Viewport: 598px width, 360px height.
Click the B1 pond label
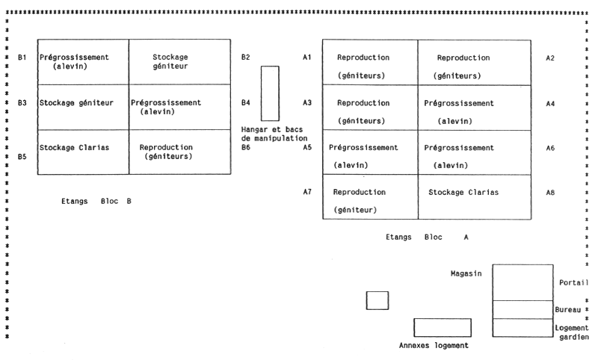point(22,57)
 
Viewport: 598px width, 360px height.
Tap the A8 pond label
point(550,193)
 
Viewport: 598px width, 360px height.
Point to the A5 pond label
point(306,148)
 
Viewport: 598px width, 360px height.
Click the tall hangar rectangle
point(269,93)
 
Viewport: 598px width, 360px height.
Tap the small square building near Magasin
point(377,300)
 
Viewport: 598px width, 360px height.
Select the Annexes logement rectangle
point(443,327)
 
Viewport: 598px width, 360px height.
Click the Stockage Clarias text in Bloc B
point(74,147)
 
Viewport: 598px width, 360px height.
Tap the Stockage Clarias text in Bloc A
point(463,193)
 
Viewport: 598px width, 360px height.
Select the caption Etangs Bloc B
point(96,201)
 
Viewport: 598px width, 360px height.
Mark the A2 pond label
point(550,58)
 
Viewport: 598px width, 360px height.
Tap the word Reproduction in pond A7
point(359,192)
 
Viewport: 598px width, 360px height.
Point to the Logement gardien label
point(572,332)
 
